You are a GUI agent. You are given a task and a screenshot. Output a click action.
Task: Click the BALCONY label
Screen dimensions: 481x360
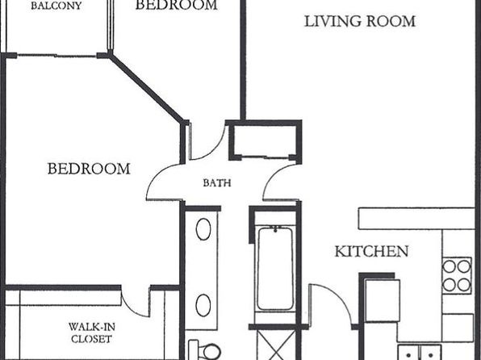[56, 6]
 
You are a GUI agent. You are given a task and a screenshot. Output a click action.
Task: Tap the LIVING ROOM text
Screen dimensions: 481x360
[360, 21]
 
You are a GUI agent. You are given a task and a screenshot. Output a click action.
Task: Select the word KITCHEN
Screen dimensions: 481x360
[371, 251]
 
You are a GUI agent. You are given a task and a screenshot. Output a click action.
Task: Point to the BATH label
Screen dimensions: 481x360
[217, 183]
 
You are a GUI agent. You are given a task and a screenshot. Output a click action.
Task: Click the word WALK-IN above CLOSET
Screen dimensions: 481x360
[92, 327]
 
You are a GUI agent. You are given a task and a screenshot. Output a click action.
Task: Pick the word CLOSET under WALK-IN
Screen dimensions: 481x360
[91, 339]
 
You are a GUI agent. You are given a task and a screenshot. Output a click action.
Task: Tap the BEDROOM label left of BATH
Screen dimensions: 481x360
[89, 169]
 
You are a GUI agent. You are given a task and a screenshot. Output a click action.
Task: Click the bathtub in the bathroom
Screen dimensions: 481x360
[275, 269]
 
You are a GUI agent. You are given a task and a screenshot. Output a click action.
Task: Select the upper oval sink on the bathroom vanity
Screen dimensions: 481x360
[203, 229]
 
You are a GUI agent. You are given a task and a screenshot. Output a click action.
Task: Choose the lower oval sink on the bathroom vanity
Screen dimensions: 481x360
[203, 305]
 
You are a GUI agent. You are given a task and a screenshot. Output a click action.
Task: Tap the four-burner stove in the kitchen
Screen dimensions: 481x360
[457, 275]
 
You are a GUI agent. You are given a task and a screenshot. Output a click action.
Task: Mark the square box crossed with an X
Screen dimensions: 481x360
[275, 345]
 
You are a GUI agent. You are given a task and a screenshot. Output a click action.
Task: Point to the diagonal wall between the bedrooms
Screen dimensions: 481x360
[148, 88]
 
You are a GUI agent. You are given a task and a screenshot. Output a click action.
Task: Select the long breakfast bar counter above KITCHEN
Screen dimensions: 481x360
[416, 219]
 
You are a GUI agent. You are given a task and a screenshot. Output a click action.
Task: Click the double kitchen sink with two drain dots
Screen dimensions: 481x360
[420, 352]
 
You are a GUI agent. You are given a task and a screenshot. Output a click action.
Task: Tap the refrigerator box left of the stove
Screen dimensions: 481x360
[383, 301]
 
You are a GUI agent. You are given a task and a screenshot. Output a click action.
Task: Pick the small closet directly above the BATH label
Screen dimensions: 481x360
[265, 140]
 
